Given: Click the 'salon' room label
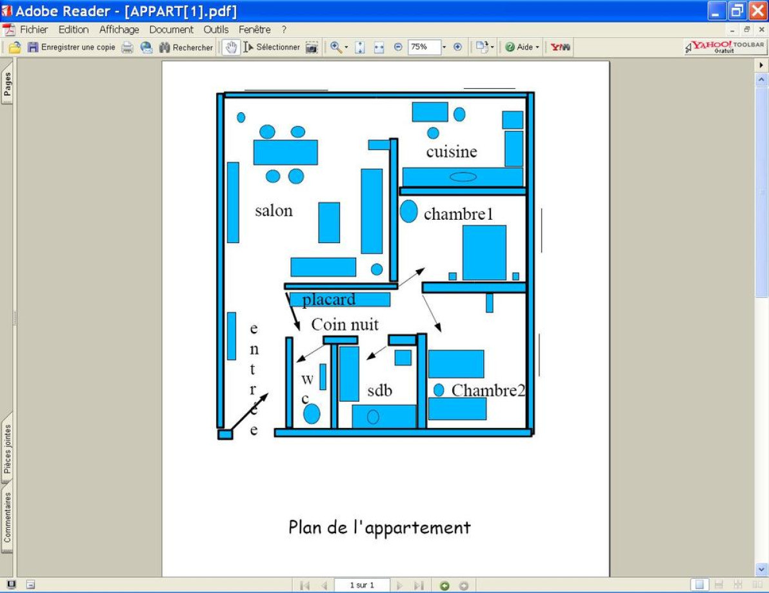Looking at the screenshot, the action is pos(274,211).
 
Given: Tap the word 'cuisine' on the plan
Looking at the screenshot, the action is pos(452,151).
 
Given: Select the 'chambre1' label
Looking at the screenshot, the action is pos(458,214).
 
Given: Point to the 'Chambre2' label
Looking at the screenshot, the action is pos(488,390).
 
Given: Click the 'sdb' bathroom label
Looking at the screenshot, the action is pos(379,390).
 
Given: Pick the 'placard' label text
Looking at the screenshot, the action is pos(328,300).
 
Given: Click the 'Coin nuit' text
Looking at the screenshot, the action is pos(345,324).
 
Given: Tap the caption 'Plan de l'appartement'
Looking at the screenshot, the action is pos(379,527).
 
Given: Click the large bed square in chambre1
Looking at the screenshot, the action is pos(484,253).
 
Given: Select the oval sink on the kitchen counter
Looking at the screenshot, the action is pos(463,177).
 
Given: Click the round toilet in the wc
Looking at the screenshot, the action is pos(312,414).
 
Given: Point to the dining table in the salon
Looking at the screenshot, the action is pos(285,152).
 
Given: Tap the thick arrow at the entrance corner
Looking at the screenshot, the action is pos(248,412).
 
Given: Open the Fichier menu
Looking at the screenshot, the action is pos(34,30).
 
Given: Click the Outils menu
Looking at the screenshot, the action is pos(215,30).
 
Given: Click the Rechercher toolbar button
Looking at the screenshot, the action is pos(186,47).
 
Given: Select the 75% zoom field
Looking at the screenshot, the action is pos(424,47).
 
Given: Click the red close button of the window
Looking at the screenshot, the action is pos(757,11).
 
